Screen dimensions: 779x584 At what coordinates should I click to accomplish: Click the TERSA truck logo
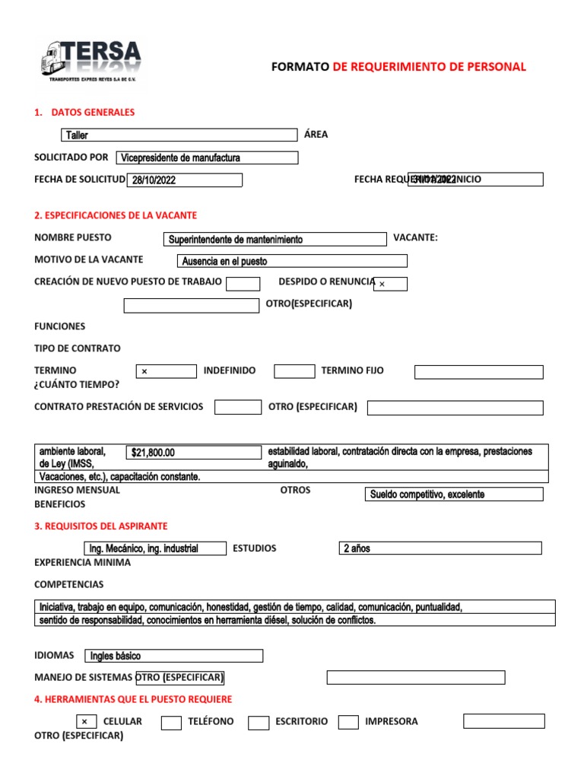click(x=90, y=60)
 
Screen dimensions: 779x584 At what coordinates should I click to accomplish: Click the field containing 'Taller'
click(x=179, y=135)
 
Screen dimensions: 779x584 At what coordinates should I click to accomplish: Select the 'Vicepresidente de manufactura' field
click(x=207, y=157)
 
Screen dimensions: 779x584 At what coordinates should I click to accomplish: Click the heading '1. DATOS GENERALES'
click(x=84, y=113)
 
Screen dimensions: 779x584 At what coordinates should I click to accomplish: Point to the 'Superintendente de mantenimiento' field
click(x=275, y=239)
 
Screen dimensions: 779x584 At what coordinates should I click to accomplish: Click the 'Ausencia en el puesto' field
click(x=292, y=261)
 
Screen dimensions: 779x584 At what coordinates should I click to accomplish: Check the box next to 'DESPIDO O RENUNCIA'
click(x=390, y=284)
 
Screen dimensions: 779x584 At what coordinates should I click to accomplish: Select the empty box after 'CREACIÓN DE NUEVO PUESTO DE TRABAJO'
click(x=243, y=284)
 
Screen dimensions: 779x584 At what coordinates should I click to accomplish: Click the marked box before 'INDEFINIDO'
click(x=167, y=371)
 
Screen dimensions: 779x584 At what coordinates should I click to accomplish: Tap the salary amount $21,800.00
click(x=194, y=452)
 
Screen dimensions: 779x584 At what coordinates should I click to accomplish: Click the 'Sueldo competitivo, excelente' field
click(x=454, y=494)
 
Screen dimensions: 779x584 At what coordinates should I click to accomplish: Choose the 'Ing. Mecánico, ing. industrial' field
click(x=154, y=548)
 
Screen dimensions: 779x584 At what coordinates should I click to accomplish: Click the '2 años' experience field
click(x=440, y=548)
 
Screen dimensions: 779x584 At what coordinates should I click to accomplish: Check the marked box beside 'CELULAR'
click(x=86, y=722)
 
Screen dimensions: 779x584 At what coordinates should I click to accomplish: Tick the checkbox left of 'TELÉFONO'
click(x=171, y=723)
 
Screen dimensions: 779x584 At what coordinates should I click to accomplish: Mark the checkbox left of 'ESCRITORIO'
click(x=259, y=723)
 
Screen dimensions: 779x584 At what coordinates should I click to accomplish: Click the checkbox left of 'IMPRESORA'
click(x=348, y=722)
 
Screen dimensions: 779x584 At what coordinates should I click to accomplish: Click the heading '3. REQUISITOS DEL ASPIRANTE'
click(x=101, y=526)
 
